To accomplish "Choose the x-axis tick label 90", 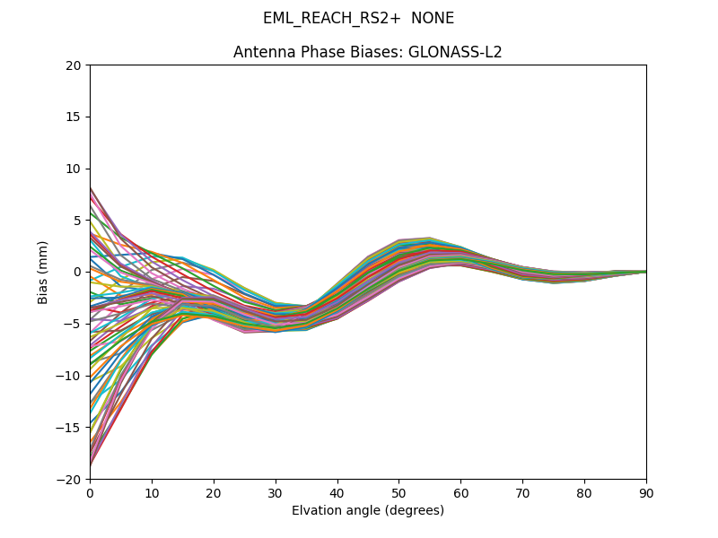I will click(646, 493).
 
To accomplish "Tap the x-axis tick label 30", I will click(276, 493).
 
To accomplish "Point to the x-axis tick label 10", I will click(152, 493).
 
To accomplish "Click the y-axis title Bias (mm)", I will click(43, 272).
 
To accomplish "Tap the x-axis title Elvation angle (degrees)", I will click(368, 511).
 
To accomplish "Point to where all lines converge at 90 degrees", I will click(645, 272).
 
